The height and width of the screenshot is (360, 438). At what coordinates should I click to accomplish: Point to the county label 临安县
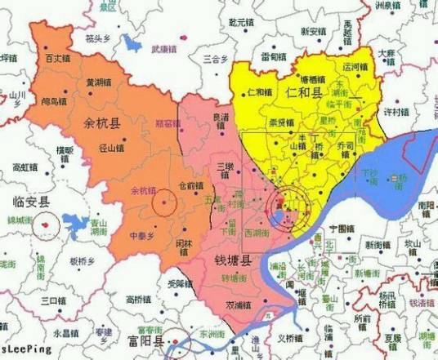[29, 202]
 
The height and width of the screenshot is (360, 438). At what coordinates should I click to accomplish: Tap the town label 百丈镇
[58, 59]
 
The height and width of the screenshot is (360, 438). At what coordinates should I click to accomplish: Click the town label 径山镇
[111, 148]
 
